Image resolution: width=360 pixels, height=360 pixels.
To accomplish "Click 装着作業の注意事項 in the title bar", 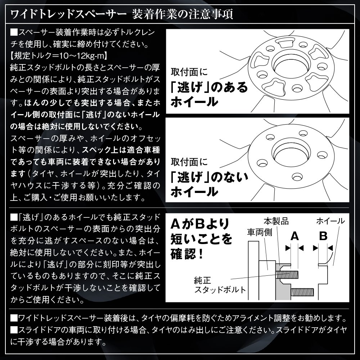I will point(187,15).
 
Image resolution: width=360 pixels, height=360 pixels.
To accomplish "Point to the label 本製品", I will point(277,220).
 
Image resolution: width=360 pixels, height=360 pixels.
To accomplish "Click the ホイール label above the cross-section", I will point(330,220).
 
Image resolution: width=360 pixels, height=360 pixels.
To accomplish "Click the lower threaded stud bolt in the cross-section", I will point(305,291).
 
